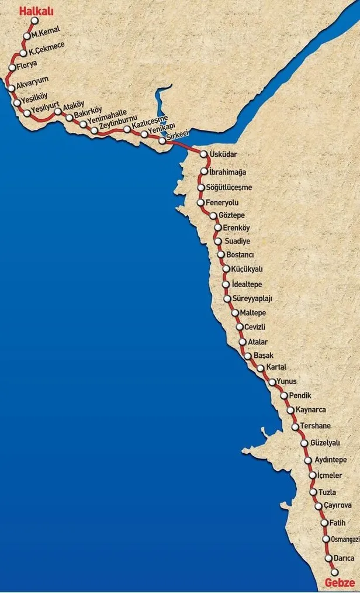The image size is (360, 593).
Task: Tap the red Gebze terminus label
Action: (339, 582)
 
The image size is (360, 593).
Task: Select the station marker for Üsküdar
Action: (204, 154)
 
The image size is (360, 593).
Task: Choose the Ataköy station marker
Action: (58, 112)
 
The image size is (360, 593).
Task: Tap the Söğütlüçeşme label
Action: (229, 188)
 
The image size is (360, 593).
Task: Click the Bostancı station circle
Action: (221, 254)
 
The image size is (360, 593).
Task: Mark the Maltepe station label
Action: (252, 313)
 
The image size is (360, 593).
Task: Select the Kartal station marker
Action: (260, 368)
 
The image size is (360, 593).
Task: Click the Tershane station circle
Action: (295, 426)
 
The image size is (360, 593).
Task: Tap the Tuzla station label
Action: (327, 492)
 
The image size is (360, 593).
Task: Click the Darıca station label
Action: (340, 558)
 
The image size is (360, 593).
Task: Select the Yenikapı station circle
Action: (144, 134)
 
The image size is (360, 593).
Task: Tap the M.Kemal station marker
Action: (27, 36)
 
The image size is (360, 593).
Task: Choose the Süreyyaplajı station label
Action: (252, 299)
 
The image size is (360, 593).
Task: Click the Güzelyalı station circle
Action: (304, 443)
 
